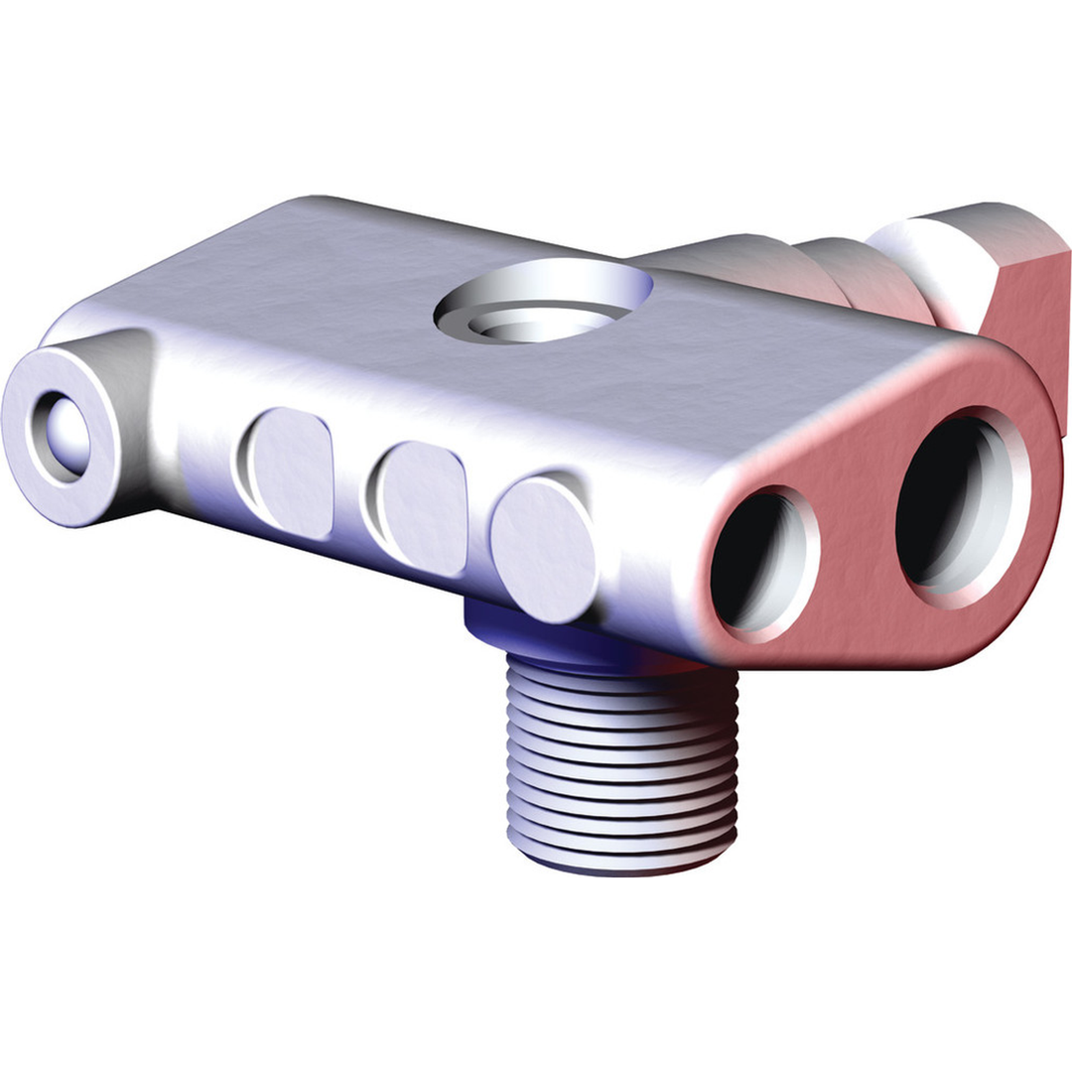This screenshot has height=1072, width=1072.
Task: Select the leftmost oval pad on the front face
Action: tap(289, 472)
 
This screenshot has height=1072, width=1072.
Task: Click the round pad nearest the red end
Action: tap(543, 549)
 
